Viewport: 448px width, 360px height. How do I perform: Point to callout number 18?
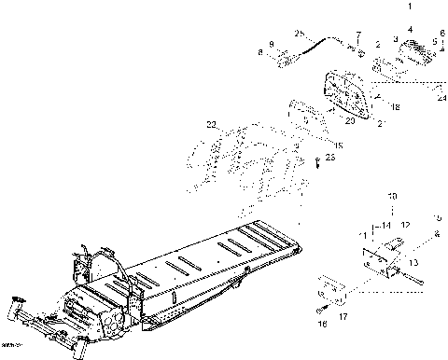[396, 108]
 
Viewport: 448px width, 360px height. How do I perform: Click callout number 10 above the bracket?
[392, 196]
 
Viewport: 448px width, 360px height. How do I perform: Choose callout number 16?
[324, 326]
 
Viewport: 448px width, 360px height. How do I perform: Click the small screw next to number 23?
[317, 164]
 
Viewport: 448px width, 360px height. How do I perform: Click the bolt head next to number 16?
[320, 310]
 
